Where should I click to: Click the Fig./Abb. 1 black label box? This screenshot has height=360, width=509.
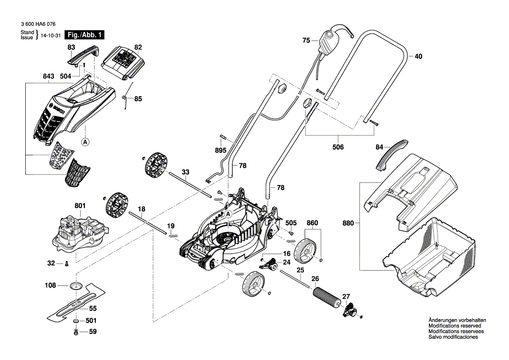(84, 35)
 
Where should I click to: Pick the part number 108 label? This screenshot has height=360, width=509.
(51, 285)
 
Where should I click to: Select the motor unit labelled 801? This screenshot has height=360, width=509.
(78, 231)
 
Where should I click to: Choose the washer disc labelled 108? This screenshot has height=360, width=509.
(76, 285)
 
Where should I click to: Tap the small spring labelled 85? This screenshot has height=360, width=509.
(126, 101)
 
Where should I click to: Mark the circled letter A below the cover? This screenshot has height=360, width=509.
(85, 141)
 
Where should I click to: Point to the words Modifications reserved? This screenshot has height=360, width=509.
(455, 326)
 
